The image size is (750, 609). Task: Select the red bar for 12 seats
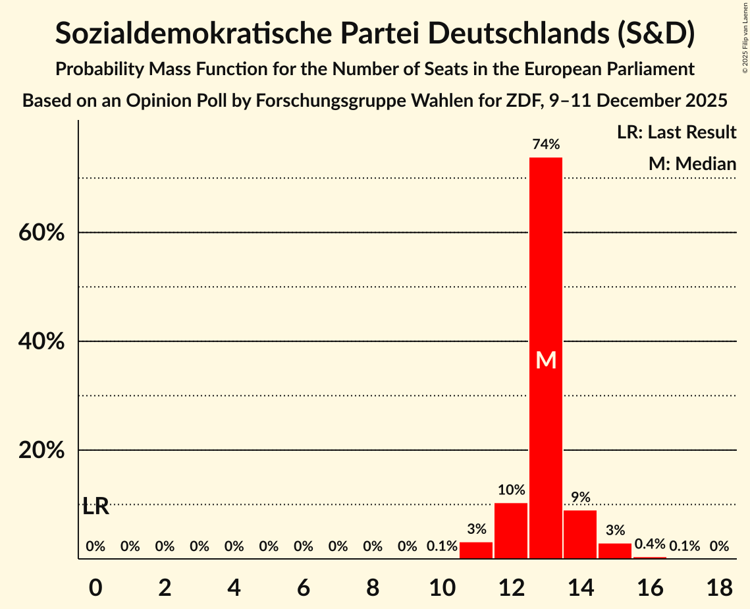[x=511, y=531]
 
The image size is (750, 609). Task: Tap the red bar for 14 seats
[x=580, y=535]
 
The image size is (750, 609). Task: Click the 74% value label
[x=546, y=144]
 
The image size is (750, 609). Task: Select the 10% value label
[x=511, y=490]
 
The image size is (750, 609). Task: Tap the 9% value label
[x=580, y=497]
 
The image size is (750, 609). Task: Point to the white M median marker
[x=546, y=360]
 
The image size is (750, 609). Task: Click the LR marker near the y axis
[x=96, y=507]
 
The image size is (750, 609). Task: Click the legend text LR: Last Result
[x=676, y=132]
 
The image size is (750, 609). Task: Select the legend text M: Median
[x=692, y=163]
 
